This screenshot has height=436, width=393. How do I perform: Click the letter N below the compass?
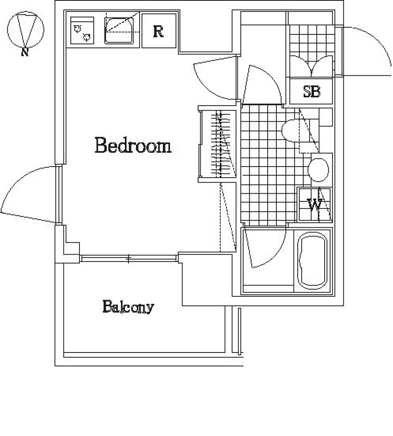click(x=25, y=52)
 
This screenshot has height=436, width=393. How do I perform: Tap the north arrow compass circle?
click(x=25, y=29)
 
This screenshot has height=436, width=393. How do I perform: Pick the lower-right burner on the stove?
click(x=86, y=38)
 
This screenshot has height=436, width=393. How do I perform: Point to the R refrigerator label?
click(x=158, y=32)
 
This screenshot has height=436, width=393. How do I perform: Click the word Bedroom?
click(x=133, y=145)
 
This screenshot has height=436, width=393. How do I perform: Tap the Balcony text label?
click(x=128, y=307)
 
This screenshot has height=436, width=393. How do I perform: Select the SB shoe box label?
click(x=312, y=92)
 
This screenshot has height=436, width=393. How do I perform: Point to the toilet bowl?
click(x=292, y=130)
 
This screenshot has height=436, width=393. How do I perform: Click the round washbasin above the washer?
click(x=318, y=169)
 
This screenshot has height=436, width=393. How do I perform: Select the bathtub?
click(x=313, y=260)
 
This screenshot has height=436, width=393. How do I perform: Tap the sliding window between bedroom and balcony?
click(x=129, y=258)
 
